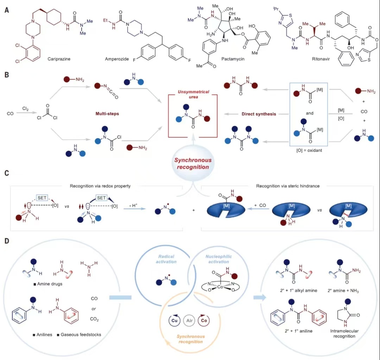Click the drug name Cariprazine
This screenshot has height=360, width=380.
click(x=59, y=59)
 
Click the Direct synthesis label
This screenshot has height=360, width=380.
click(x=259, y=114)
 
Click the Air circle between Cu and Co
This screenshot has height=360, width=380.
click(x=189, y=321)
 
